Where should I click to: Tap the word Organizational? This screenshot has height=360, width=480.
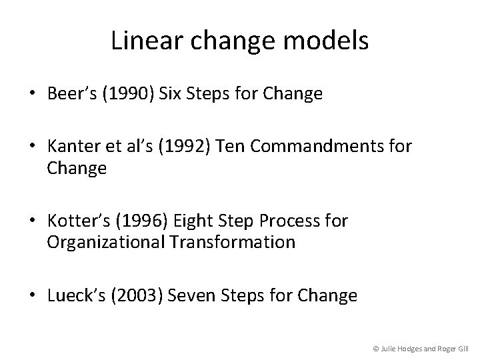tap(107, 242)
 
